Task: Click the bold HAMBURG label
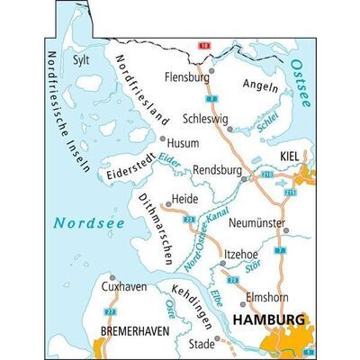[268, 319]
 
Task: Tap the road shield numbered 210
[266, 171]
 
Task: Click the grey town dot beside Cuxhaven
[112, 278]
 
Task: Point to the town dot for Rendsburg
[244, 178]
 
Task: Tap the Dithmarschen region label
[154, 229]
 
